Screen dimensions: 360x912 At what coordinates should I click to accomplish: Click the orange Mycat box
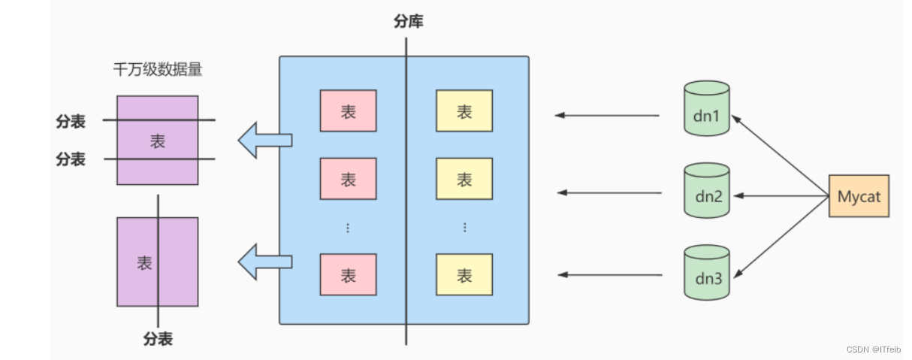(859, 196)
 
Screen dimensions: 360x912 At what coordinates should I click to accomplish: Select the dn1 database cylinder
(707, 109)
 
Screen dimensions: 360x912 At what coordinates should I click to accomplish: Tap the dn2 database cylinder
(707, 191)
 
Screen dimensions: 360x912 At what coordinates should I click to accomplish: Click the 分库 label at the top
(408, 22)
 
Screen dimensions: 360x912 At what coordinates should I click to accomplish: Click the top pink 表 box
(348, 111)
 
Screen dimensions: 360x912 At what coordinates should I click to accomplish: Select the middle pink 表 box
(348, 179)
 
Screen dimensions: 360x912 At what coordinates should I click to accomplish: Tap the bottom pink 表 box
(348, 275)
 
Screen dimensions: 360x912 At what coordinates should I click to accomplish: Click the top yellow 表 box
(464, 111)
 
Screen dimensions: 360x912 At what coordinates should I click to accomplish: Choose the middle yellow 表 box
(464, 179)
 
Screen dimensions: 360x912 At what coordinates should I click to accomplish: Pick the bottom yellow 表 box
(464, 275)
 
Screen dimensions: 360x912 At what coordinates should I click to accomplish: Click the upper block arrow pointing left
(264, 140)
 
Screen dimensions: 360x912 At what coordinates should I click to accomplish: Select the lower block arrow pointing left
(264, 262)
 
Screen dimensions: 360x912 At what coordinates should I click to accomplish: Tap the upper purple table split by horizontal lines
(157, 140)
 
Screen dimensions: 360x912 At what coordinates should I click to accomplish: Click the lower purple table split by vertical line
(157, 262)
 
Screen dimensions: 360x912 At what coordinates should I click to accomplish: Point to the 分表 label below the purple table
(158, 339)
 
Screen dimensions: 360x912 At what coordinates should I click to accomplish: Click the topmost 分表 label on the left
(71, 121)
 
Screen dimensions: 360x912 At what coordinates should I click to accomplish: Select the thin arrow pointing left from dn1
(607, 115)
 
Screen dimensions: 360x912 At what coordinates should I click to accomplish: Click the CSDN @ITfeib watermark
(873, 349)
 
